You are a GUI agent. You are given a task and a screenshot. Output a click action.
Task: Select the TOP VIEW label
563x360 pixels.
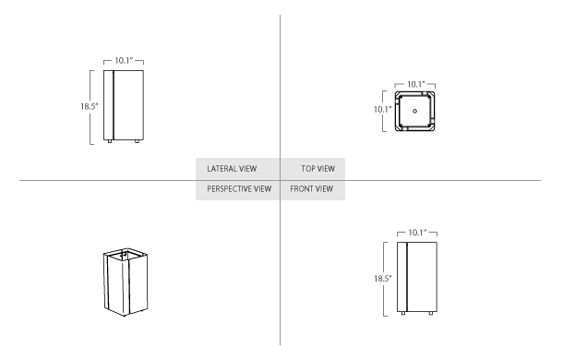point(317,170)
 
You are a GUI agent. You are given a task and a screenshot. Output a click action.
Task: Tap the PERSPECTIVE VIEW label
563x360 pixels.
point(238,188)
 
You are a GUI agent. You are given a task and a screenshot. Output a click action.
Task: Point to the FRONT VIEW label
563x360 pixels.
point(311,188)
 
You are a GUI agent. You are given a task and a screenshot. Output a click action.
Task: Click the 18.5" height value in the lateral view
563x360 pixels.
point(88,106)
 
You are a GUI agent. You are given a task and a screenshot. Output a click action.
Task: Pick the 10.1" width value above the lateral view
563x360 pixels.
point(125,60)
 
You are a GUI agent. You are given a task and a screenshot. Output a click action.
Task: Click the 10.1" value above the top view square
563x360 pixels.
point(415,85)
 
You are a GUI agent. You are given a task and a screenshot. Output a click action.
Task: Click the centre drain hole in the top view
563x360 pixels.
point(415,112)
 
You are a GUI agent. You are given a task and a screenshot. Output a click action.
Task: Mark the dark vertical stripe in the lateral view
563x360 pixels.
point(112,104)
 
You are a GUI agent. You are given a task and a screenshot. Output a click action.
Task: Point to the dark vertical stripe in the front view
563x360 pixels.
point(405,278)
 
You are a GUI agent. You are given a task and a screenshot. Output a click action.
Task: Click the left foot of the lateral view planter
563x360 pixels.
point(112,142)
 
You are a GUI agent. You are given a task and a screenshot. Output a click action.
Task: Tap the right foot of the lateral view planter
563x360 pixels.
point(138,142)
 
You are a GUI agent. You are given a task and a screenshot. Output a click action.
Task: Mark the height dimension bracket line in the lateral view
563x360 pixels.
point(92,106)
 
